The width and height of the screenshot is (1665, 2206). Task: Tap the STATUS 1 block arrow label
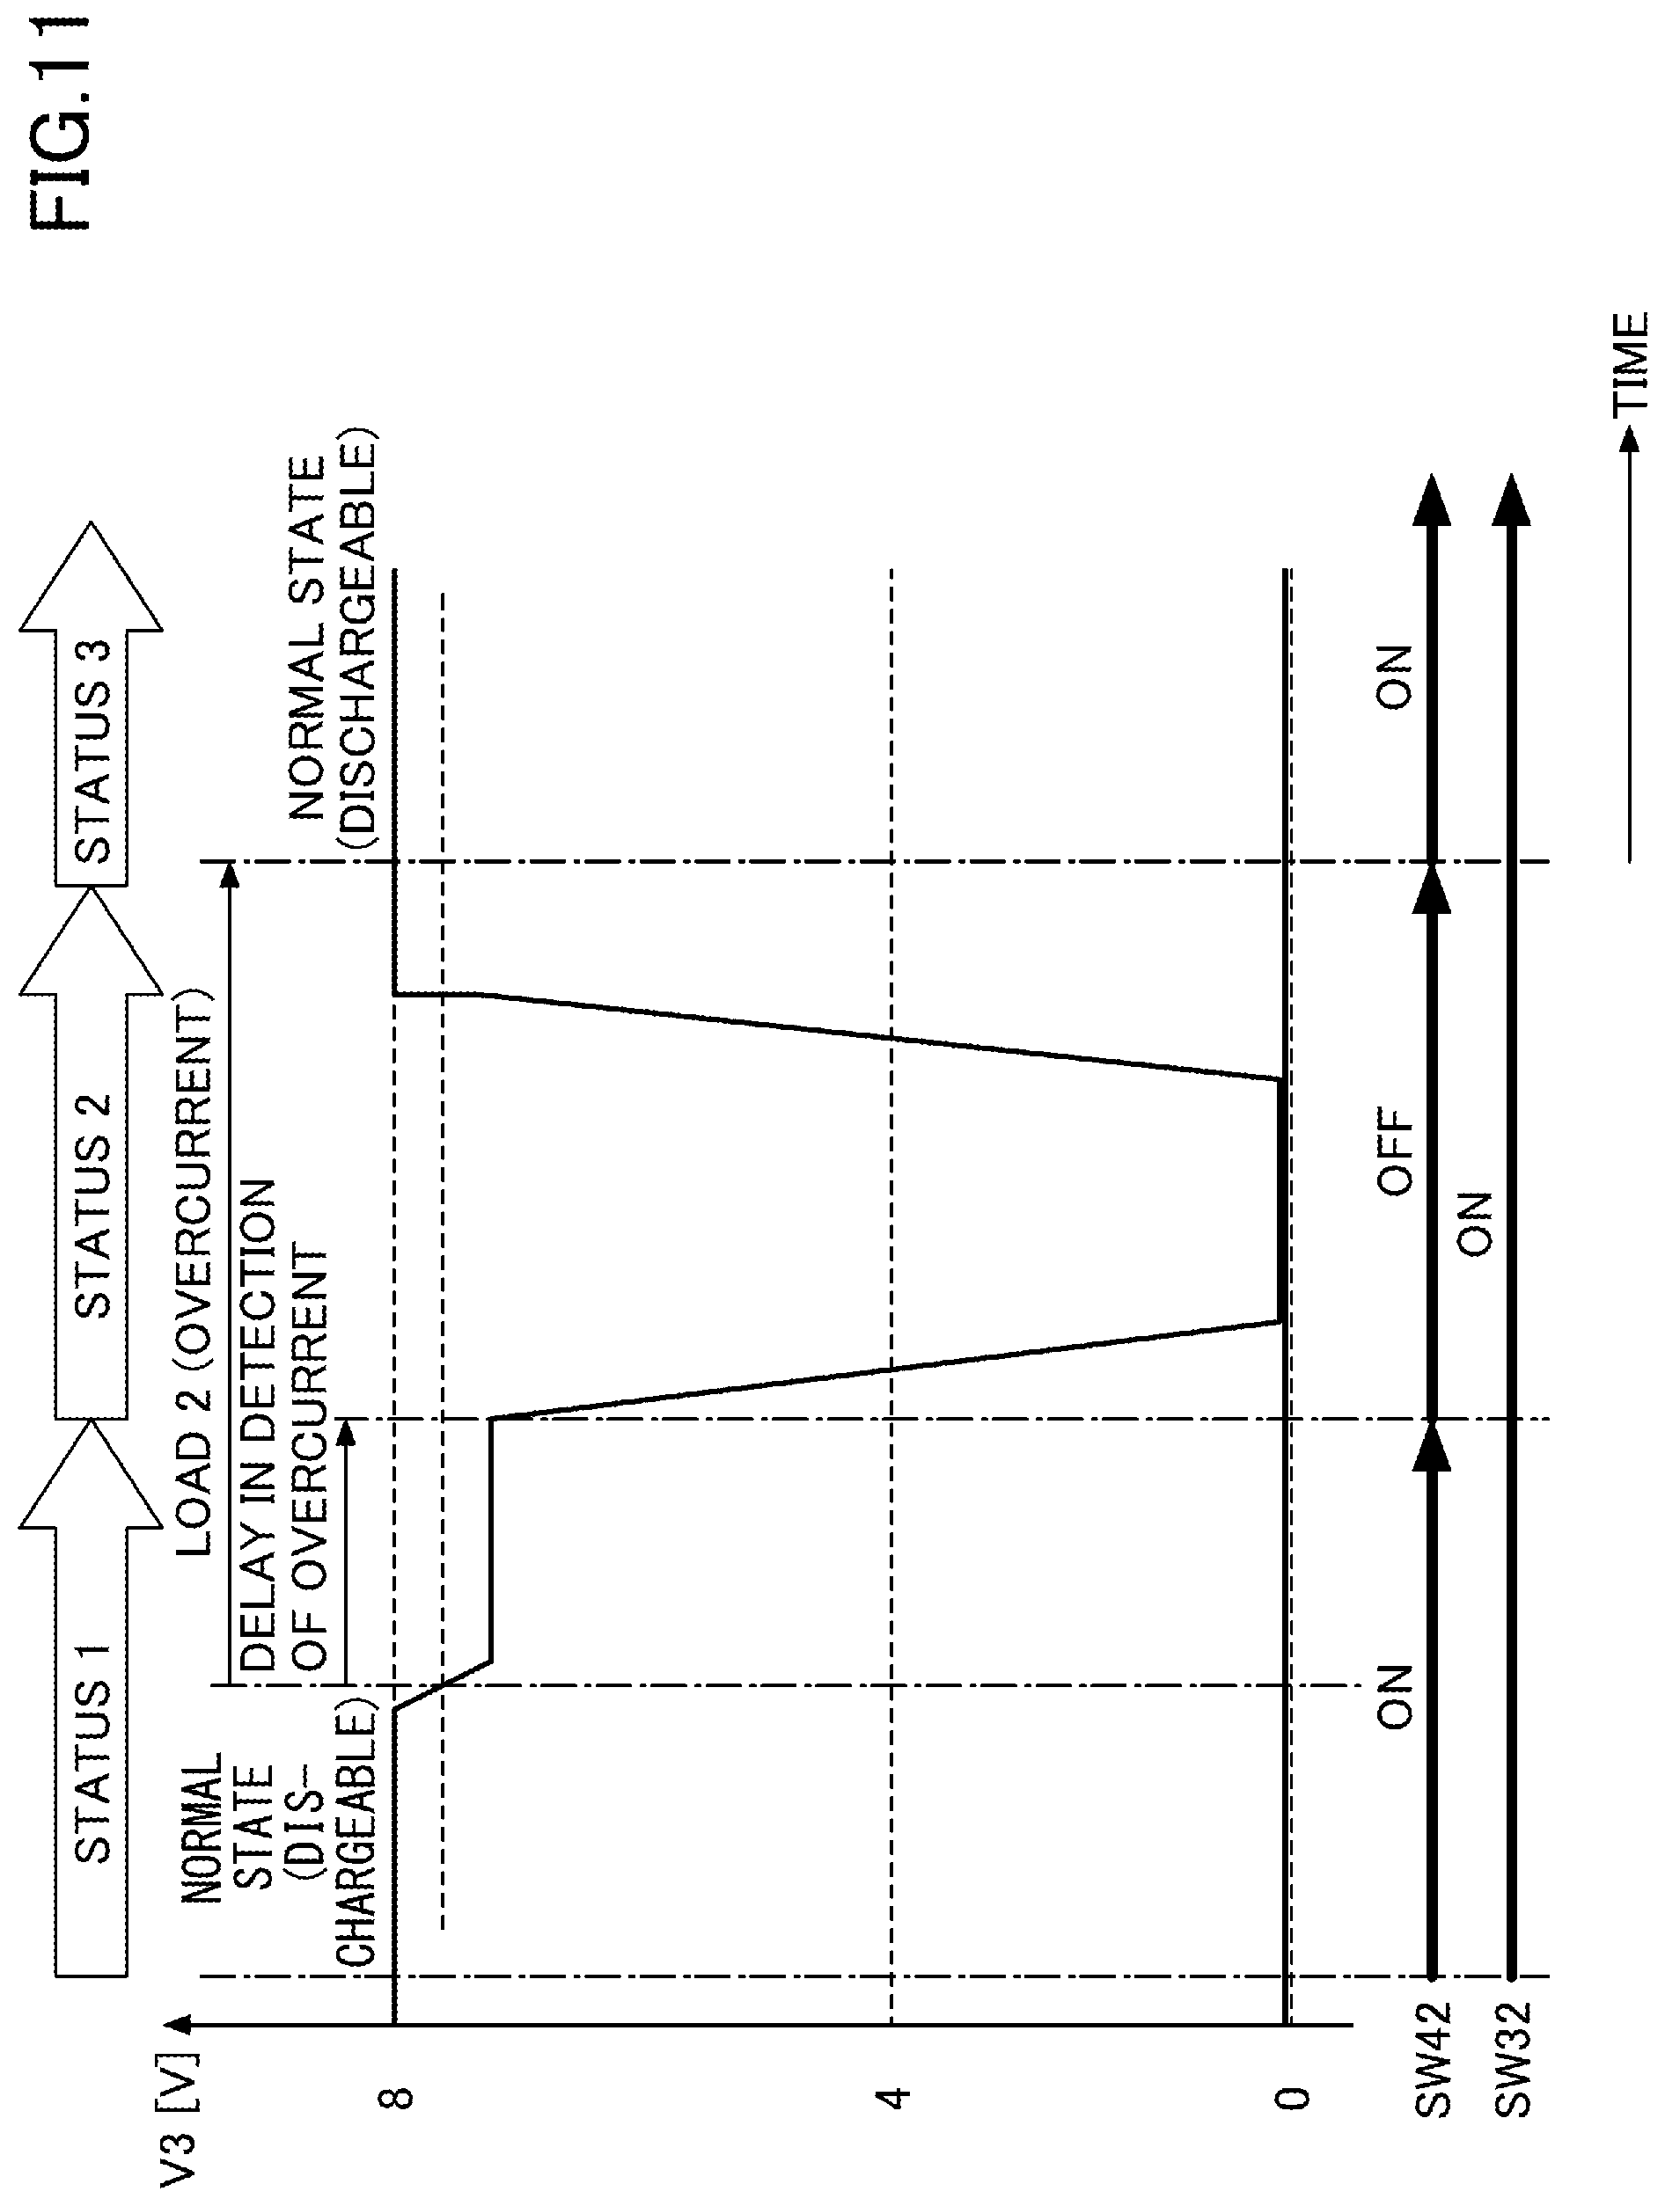click(x=92, y=1771)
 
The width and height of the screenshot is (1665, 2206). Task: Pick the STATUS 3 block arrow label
click(x=92, y=750)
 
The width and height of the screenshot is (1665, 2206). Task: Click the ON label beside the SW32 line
click(x=1474, y=1223)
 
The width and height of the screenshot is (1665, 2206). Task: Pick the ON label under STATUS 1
click(x=1396, y=1695)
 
